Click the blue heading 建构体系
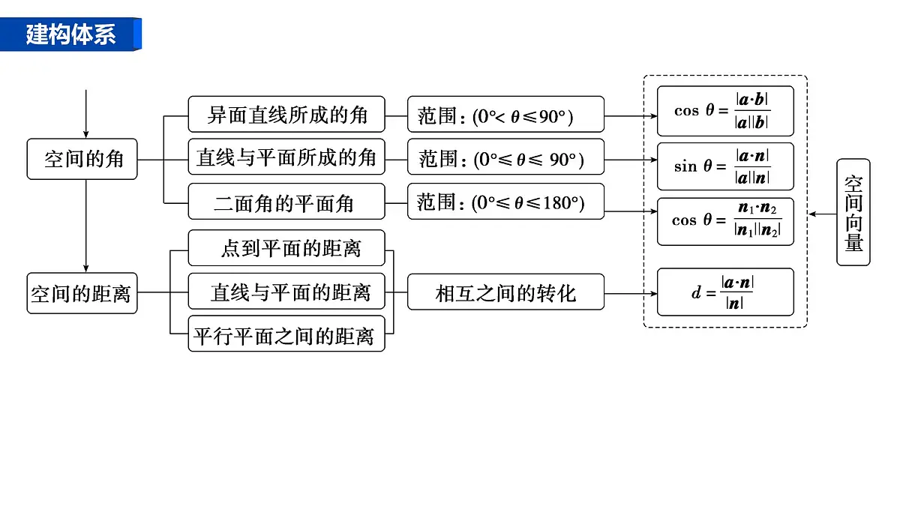tap(70, 34)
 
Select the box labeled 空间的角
tap(82, 159)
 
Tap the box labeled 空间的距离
tap(82, 293)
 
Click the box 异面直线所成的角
tap(286, 114)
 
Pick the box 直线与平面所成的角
tap(286, 157)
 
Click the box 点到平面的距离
tap(286, 248)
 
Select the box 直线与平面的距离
tap(286, 291)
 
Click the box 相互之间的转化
tap(505, 292)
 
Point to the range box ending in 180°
tap(505, 201)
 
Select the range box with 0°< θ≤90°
tap(505, 114)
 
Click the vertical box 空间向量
tap(853, 212)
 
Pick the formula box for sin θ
tap(726, 166)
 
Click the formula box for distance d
tap(726, 292)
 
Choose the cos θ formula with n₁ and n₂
tap(726, 221)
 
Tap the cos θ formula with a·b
tap(726, 111)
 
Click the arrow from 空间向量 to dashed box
tap(823, 214)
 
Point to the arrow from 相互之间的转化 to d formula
tap(631, 294)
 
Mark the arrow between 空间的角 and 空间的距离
tap(86, 226)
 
